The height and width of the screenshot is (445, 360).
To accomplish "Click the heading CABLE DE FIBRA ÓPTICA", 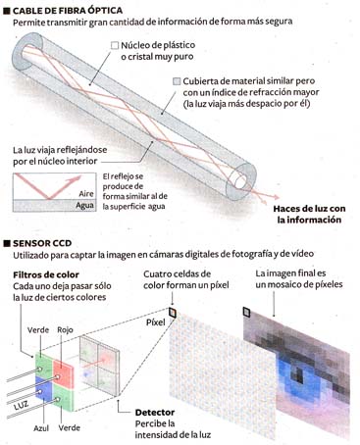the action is pyautogui.click(x=68, y=11).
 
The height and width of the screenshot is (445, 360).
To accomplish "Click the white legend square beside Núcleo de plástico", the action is pyautogui.click(x=115, y=45).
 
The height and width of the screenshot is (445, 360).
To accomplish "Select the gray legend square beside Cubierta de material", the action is pyautogui.click(x=177, y=81).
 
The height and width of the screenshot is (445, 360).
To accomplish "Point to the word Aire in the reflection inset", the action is pyautogui.click(x=86, y=193).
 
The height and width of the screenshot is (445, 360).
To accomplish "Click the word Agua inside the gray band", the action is pyautogui.click(x=84, y=206).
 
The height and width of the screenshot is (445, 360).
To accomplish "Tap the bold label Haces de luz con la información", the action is pyautogui.click(x=309, y=214).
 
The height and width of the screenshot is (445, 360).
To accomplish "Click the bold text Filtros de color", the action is pyautogui.click(x=46, y=274).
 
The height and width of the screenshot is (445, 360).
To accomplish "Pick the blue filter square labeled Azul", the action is pyautogui.click(x=44, y=388).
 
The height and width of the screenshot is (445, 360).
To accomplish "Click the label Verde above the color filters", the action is pyautogui.click(x=38, y=330).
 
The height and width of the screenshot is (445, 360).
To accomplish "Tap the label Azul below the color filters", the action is pyautogui.click(x=41, y=428).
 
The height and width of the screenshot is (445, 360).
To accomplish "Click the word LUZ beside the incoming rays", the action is pyautogui.click(x=21, y=406).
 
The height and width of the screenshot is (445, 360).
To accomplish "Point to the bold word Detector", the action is pyautogui.click(x=155, y=413).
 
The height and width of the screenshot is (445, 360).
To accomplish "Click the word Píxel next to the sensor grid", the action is pyautogui.click(x=155, y=322).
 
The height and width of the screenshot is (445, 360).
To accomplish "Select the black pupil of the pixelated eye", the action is pyautogui.click(x=297, y=373).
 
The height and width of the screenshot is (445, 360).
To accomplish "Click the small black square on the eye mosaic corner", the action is pyautogui.click(x=246, y=312).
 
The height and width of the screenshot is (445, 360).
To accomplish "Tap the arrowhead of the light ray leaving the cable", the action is pyautogui.click(x=277, y=197).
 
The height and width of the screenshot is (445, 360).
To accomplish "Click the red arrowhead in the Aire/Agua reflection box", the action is pyautogui.click(x=77, y=178).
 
